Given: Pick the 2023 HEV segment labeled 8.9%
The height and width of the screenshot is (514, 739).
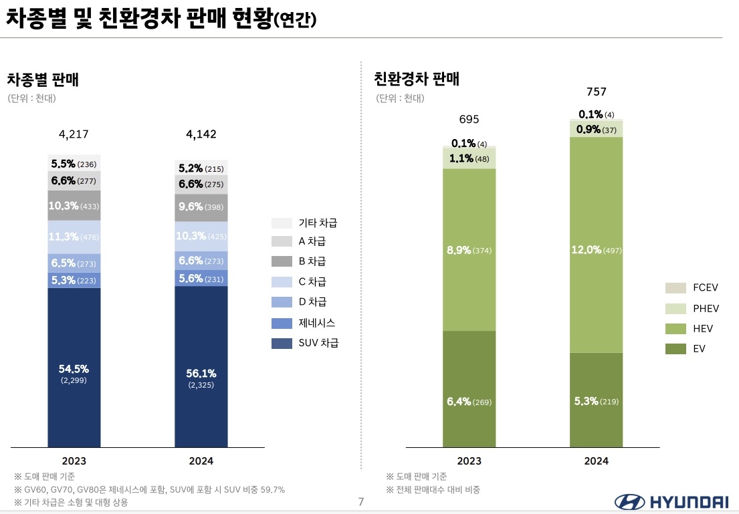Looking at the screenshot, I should coord(469,250).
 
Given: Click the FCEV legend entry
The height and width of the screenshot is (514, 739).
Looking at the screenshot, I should coord(692,288).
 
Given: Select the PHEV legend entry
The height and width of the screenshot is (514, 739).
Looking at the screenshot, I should coord(692,308).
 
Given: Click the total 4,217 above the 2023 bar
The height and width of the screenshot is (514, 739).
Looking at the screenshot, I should coord(74,134).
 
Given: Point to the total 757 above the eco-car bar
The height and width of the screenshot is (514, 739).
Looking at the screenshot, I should coord(596,92).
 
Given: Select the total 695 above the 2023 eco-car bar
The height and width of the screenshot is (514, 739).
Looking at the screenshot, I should coord(469,120).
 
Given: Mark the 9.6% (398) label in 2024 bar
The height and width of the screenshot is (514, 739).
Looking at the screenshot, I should coord(201,207).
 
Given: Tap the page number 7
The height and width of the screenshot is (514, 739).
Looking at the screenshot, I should coord(361,502).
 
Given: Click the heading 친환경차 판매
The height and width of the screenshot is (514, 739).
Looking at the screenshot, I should coord(416,79).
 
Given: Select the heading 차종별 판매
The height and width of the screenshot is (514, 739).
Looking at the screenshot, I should coord(43,80).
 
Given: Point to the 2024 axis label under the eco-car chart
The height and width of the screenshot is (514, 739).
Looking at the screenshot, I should coord(596,461).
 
